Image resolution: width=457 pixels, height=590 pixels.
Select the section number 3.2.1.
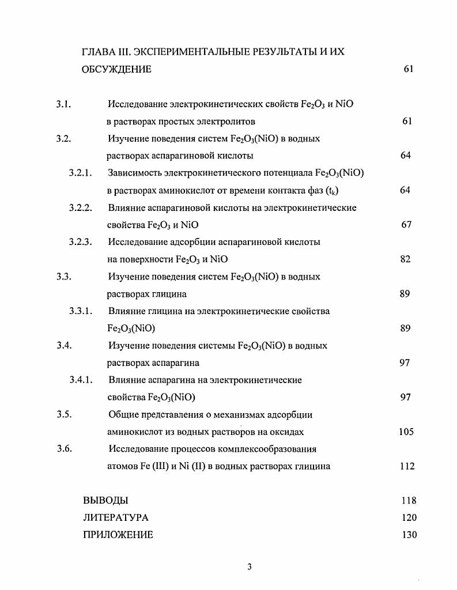point(81,173)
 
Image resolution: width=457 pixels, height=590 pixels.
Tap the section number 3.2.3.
point(81,242)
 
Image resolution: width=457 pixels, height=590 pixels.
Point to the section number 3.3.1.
point(81,311)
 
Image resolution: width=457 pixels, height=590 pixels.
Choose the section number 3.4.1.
point(81,380)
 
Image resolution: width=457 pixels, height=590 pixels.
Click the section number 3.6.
point(64,449)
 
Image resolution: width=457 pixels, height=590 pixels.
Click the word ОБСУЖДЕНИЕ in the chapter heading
point(118,70)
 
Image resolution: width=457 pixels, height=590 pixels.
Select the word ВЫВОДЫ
point(105,500)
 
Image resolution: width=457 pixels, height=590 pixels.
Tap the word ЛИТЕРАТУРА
point(115,517)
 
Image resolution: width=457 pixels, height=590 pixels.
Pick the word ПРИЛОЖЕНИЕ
point(118,535)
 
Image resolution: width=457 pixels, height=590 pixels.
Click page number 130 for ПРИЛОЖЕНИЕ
point(409,535)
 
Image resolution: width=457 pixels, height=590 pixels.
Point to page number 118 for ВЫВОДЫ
point(409,500)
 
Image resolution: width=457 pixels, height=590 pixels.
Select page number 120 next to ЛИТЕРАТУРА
point(409,517)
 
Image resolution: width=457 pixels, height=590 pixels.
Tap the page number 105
point(406,432)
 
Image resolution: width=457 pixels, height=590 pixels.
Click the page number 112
point(407,467)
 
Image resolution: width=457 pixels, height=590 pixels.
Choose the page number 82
point(405,259)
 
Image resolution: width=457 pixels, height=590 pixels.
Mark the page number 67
point(406,225)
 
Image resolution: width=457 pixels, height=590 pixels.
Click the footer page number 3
point(250,566)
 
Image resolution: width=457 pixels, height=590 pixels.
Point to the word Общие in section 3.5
point(122,415)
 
